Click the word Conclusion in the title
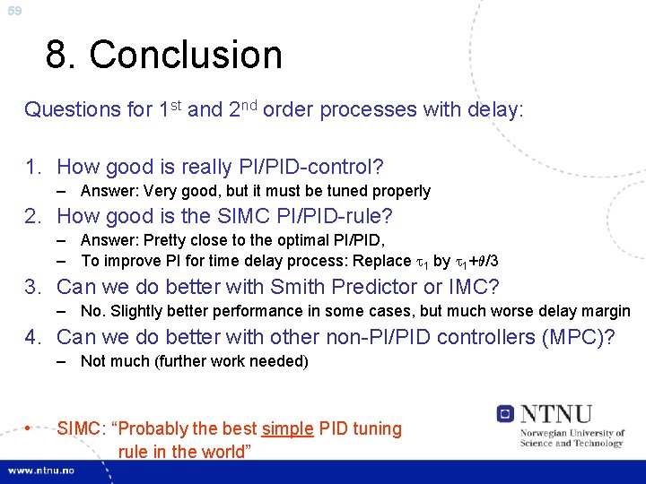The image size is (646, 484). click(186, 55)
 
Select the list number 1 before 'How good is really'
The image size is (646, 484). click(32, 167)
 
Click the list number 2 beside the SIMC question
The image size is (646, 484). click(32, 216)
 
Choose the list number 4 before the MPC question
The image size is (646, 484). click(32, 337)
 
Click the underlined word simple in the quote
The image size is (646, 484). click(288, 428)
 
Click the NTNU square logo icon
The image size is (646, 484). click(505, 413)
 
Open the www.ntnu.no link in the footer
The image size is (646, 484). click(42, 471)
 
